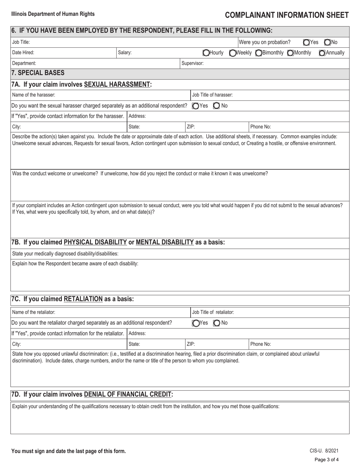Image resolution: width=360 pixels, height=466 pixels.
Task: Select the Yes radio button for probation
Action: click(x=306, y=42)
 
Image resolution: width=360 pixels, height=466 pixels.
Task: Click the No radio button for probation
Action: click(x=327, y=42)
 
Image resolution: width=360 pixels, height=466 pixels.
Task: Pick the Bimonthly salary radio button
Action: click(x=258, y=53)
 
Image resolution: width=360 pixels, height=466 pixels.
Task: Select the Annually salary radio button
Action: click(x=322, y=53)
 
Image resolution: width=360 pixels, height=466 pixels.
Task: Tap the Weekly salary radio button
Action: click(x=232, y=53)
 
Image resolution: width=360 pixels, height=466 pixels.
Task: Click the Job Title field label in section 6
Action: click(x=21, y=42)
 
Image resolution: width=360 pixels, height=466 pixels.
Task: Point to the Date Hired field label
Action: click(x=23, y=53)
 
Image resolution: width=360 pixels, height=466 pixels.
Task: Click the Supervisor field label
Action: click(x=193, y=63)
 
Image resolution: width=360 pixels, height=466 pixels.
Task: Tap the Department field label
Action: click(x=24, y=63)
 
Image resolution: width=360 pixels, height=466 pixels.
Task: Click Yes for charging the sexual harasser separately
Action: click(x=195, y=106)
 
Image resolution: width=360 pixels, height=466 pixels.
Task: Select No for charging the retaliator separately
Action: click(x=216, y=323)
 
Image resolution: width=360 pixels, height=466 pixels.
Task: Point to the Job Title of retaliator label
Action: click(x=213, y=312)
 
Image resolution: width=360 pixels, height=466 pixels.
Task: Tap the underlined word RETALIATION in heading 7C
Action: click(x=83, y=299)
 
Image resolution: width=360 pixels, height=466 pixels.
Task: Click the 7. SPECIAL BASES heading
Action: click(x=38, y=73)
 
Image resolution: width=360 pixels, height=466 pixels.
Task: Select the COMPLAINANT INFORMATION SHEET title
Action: click(x=286, y=15)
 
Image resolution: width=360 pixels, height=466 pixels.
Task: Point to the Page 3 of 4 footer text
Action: click(x=326, y=460)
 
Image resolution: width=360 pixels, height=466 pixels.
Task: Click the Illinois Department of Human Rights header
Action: click(x=53, y=14)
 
